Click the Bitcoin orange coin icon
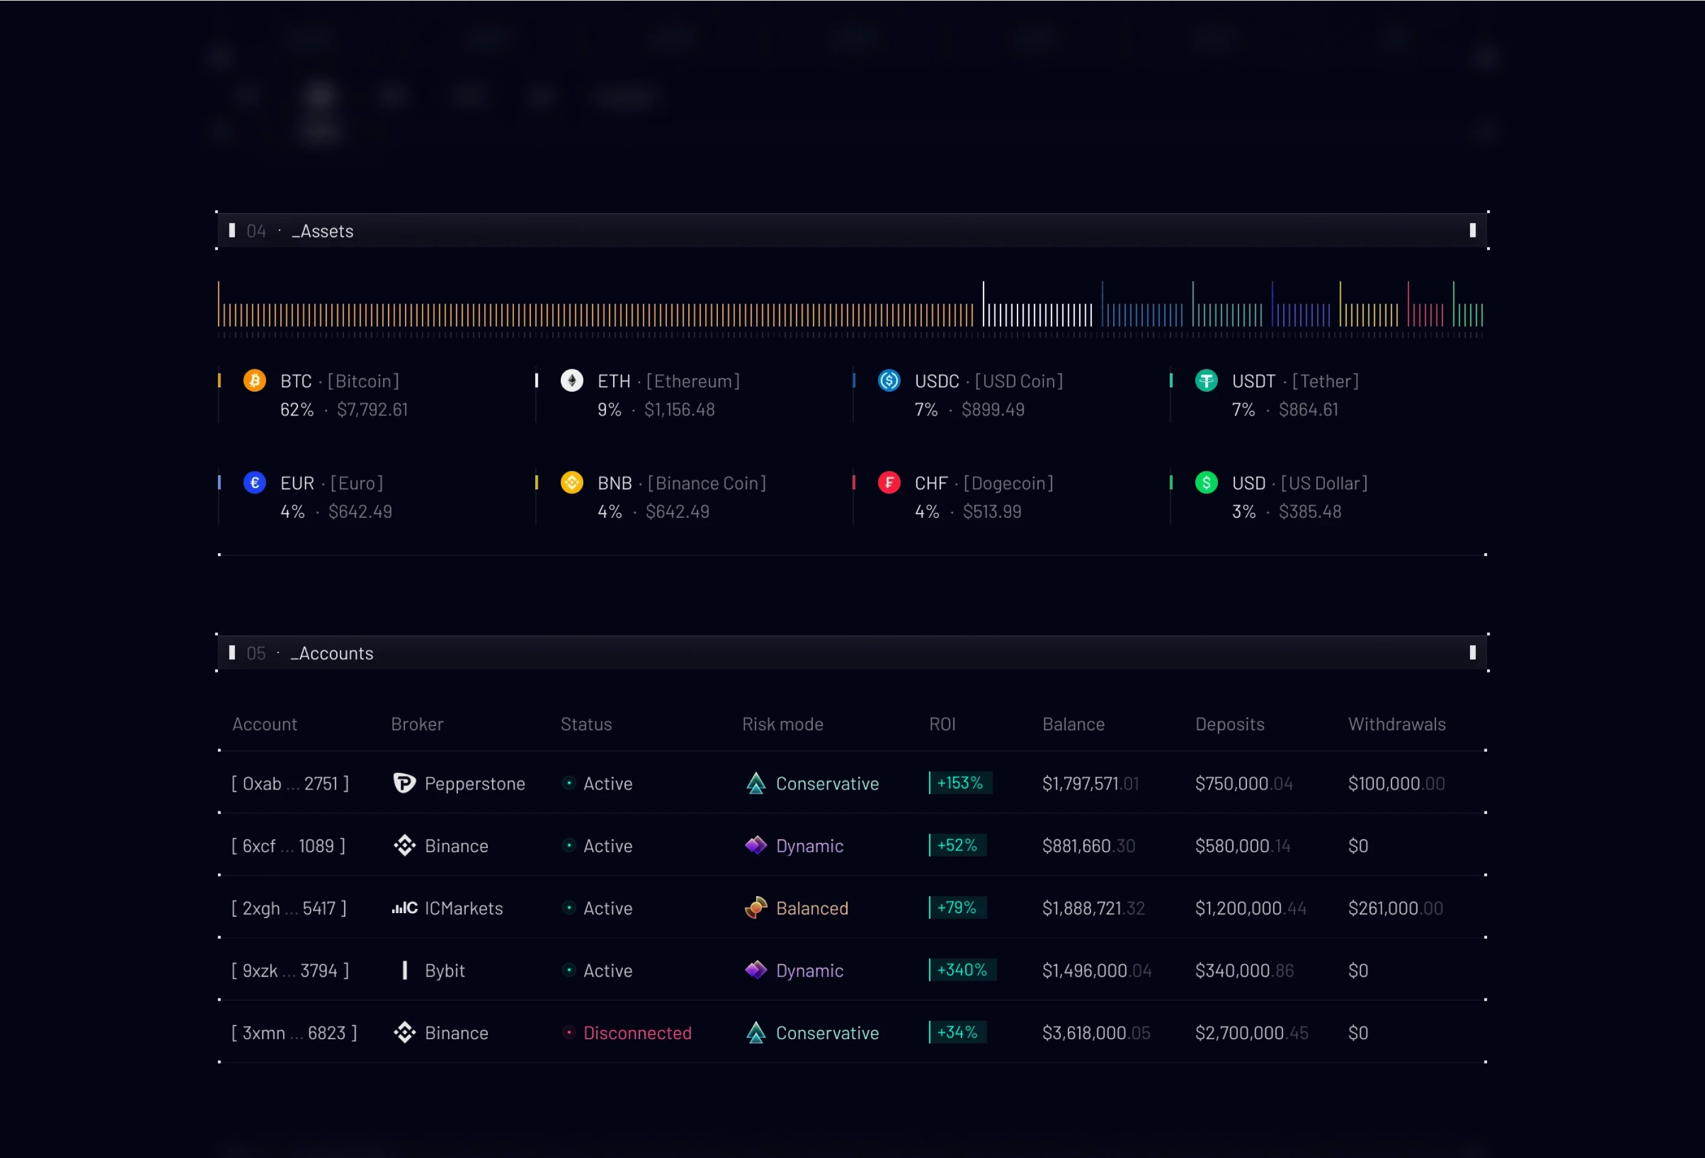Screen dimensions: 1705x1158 (255, 381)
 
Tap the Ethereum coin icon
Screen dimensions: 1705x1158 (572, 381)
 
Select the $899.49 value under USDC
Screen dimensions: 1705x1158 (993, 409)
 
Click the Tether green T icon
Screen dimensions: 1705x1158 (1206, 381)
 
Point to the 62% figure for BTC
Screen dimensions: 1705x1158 (297, 409)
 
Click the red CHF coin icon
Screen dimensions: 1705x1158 (888, 483)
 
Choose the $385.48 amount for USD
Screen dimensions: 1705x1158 (1310, 512)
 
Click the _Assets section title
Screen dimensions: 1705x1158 (323, 231)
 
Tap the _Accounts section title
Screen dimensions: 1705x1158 (332, 653)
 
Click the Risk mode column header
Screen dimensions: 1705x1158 (782, 724)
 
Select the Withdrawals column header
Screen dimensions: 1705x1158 (1396, 724)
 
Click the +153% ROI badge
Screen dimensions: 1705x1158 (960, 783)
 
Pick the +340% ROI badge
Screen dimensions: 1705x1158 (962, 970)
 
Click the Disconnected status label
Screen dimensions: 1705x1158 (637, 1033)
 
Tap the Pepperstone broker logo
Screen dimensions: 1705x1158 (404, 783)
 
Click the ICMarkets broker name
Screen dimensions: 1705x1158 (463, 908)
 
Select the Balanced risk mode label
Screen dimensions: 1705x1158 (812, 908)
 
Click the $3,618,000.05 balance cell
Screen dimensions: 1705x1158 (1095, 1033)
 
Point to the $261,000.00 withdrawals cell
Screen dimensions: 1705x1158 (1394, 908)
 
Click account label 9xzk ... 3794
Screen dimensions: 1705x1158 (290, 970)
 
